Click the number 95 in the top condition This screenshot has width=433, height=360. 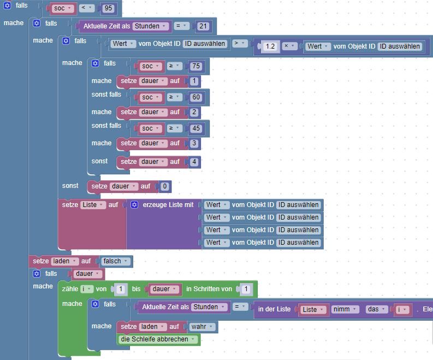coord(108,8)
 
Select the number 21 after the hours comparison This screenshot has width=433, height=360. coord(203,26)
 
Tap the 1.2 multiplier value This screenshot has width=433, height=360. coord(270,46)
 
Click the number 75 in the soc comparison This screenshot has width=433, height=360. coord(196,66)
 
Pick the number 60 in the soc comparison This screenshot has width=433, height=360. coord(196,97)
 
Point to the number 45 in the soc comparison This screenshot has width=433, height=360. coord(196,128)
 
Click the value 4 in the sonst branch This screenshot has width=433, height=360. coord(194,162)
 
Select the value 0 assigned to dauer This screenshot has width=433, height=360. coord(164,186)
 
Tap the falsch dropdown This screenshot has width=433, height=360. coord(115,261)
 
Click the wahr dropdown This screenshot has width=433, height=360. coord(202,327)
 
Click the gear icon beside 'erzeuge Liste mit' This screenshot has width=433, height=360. coord(134,205)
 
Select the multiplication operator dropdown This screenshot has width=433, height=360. coord(289,46)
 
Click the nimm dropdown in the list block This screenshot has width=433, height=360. coord(345,309)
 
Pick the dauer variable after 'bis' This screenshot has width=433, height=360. coord(164,290)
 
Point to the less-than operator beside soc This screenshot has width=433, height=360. coord(87,8)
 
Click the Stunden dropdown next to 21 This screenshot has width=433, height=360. coord(150,26)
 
